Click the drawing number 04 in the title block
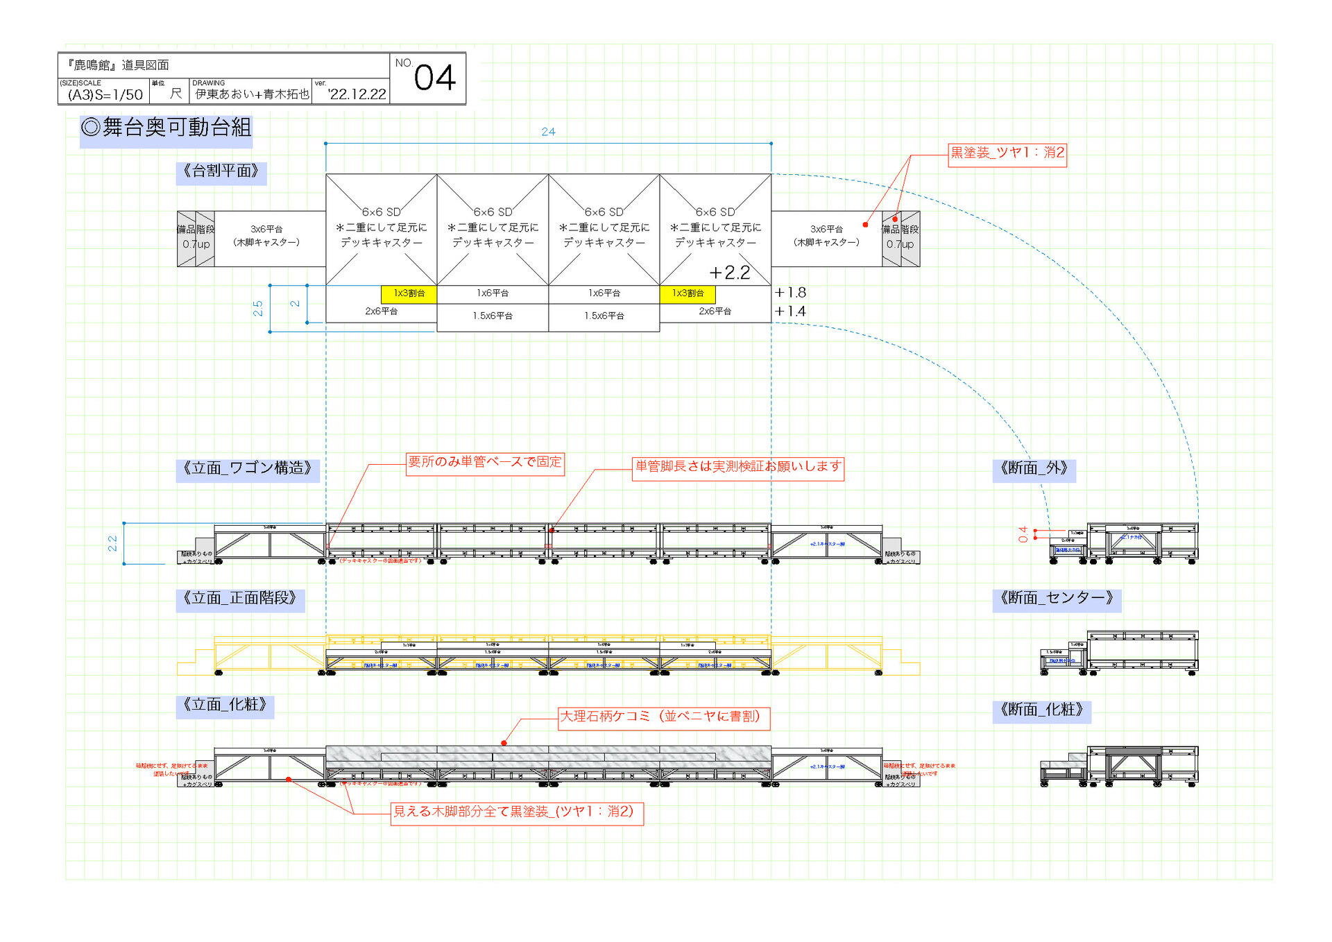point(434,78)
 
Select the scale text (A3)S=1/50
point(105,94)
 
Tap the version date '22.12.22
point(357,94)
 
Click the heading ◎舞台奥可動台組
point(166,128)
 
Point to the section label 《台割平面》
point(221,171)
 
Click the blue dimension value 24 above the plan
point(548,132)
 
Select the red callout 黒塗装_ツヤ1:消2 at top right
point(1007,153)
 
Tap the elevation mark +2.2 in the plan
point(729,273)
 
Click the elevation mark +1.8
point(790,293)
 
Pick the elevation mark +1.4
point(790,311)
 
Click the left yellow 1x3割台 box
point(409,293)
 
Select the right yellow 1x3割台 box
point(688,293)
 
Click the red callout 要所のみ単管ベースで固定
point(485,462)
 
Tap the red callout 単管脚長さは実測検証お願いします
point(738,467)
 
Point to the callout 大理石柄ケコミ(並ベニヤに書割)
point(664,717)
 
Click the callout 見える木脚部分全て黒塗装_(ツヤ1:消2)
point(517,812)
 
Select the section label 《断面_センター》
point(1056,598)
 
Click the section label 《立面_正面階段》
point(239,598)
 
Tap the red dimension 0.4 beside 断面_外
point(1023,534)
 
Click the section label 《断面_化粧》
point(1041,710)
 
